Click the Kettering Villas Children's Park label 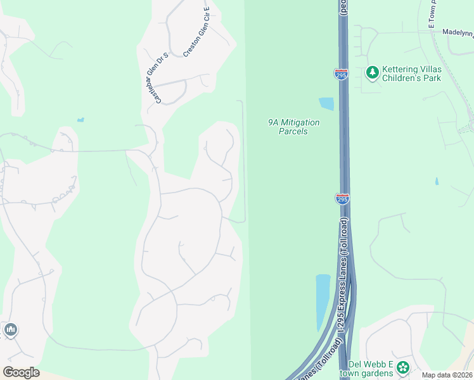[x=413, y=73]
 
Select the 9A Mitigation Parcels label [x=293, y=127]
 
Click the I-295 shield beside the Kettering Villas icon [x=341, y=74]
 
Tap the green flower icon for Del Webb [x=402, y=367]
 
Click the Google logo [x=21, y=372]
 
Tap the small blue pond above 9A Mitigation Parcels [x=326, y=104]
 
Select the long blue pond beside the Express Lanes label [x=323, y=301]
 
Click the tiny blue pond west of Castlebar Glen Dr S [x=80, y=119]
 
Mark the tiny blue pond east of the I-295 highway [x=437, y=181]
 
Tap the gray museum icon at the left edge [x=10, y=330]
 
